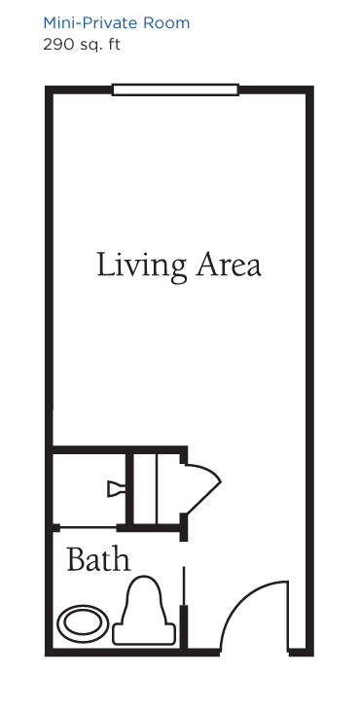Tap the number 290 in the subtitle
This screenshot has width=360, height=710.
point(57,45)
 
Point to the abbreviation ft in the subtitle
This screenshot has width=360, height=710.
point(114,45)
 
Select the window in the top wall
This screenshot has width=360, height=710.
point(175,89)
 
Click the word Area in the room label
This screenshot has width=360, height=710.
point(229,266)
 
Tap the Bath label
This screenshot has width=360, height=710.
point(98,559)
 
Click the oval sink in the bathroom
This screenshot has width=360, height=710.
point(83,622)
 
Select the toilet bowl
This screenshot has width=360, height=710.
point(144,600)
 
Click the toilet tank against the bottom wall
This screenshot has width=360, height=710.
point(144,634)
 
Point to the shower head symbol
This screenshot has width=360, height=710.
point(116,489)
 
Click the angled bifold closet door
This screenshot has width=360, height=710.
point(203,489)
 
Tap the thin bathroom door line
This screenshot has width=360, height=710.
point(183,586)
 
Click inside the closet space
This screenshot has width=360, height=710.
point(157,489)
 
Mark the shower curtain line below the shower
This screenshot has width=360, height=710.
point(89,527)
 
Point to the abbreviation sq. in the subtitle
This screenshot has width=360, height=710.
point(90,46)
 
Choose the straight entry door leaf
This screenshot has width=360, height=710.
point(288,616)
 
